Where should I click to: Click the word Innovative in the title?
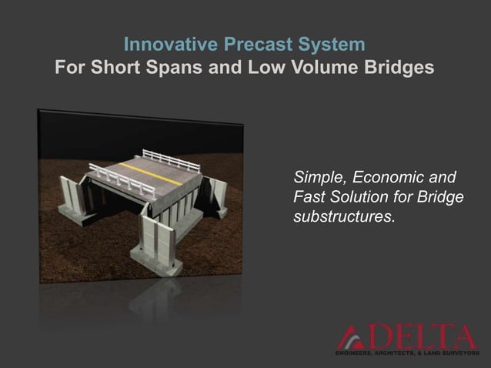(x=163, y=42)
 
